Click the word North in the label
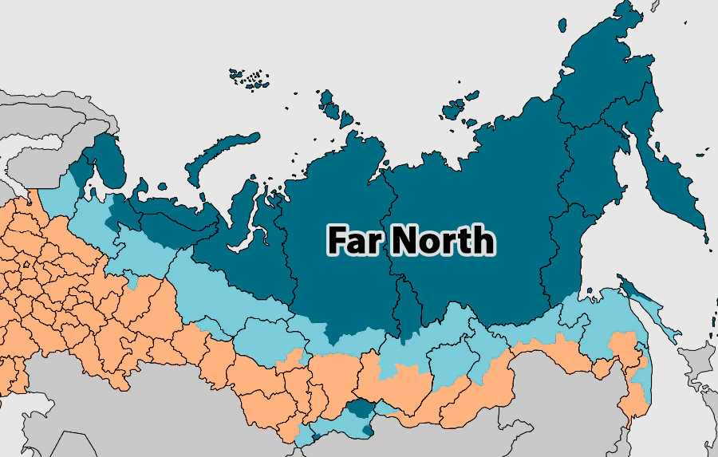(x=443, y=239)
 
